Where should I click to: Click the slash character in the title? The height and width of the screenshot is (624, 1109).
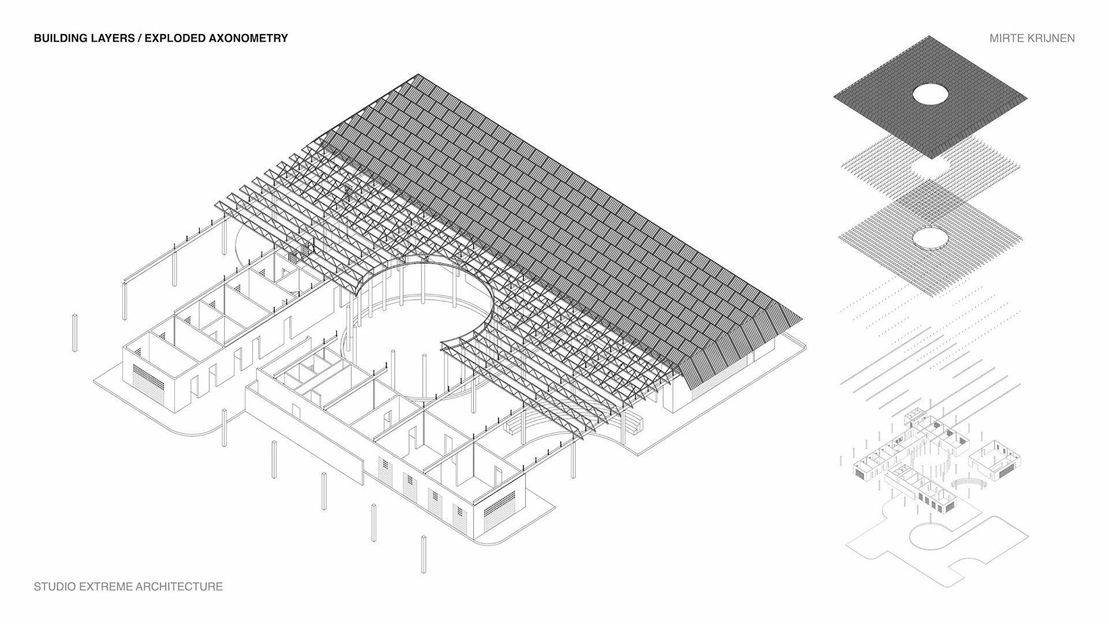(139, 39)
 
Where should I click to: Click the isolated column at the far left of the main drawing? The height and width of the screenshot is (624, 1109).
(75, 333)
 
